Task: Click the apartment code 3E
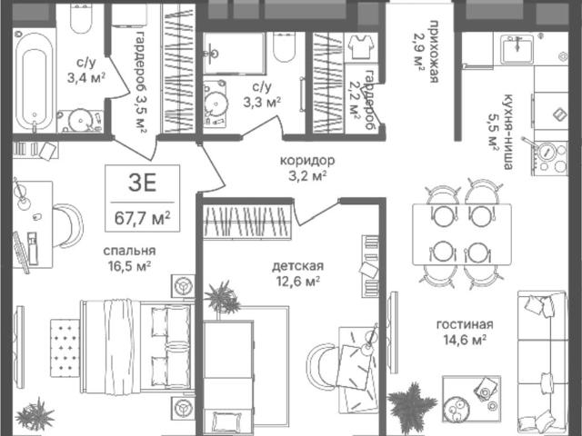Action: tap(142, 183)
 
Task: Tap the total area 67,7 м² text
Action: tap(142, 218)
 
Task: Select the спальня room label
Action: tap(129, 251)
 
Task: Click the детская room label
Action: tap(297, 266)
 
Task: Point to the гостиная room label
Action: tap(465, 324)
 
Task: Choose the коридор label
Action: tap(307, 161)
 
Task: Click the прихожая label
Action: tap(434, 53)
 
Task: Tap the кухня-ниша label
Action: tap(507, 132)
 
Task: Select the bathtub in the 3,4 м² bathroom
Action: tap(35, 81)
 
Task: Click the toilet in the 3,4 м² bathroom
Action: tap(81, 18)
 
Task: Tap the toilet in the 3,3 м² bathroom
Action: tap(284, 45)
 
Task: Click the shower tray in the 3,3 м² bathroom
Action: tap(234, 53)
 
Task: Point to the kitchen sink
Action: tap(517, 49)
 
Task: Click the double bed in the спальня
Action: tap(137, 345)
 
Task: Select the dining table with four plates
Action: tap(462, 234)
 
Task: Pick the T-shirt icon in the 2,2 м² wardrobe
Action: tap(360, 47)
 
